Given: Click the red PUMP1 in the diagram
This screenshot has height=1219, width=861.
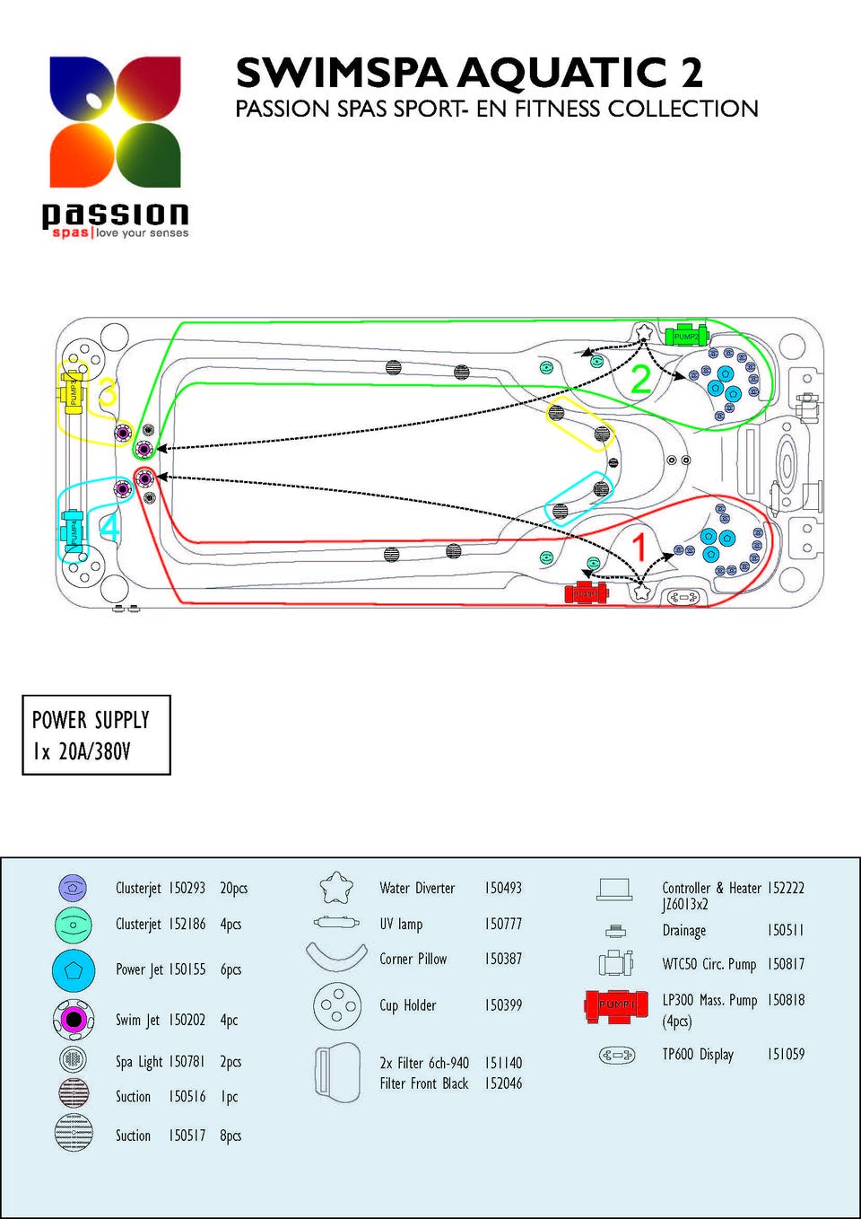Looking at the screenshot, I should (x=587, y=593).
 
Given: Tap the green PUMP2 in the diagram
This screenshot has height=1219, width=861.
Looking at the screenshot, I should (x=686, y=336).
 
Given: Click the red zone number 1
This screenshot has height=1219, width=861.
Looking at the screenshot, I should (x=639, y=547).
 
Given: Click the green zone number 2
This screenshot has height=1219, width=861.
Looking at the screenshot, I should (x=640, y=380).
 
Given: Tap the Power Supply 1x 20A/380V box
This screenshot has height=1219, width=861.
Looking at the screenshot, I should (x=96, y=735).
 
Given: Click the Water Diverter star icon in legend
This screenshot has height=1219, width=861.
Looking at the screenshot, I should (x=336, y=888).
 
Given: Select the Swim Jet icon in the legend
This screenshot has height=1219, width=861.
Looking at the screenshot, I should (x=74, y=1019).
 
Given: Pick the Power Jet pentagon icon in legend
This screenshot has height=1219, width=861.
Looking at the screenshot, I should (x=74, y=969).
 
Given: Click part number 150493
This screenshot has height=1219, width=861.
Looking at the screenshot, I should (x=503, y=888).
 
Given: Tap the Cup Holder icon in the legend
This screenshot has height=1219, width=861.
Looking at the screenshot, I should (x=337, y=1005).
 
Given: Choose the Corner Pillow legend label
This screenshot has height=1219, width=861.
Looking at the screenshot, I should (x=413, y=959).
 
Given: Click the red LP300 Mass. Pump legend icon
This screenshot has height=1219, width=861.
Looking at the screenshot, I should (x=616, y=1005).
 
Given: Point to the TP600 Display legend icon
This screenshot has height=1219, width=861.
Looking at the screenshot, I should (x=616, y=1055).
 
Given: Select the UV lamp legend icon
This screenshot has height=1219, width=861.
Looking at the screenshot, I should (x=336, y=922).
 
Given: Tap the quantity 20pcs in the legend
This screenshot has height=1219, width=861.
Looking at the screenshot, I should (x=233, y=888).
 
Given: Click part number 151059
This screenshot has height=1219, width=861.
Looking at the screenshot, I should (x=786, y=1054).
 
